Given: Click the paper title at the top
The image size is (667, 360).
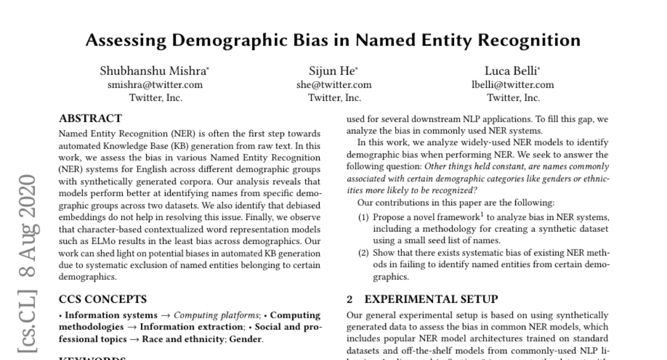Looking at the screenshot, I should [333, 41].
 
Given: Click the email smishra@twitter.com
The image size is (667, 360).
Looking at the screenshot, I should [155, 85].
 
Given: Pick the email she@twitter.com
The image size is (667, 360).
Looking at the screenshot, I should [334, 85].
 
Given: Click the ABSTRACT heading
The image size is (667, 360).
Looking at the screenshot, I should [90, 118].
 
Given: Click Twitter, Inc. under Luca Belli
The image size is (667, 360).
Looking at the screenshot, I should [512, 98].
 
